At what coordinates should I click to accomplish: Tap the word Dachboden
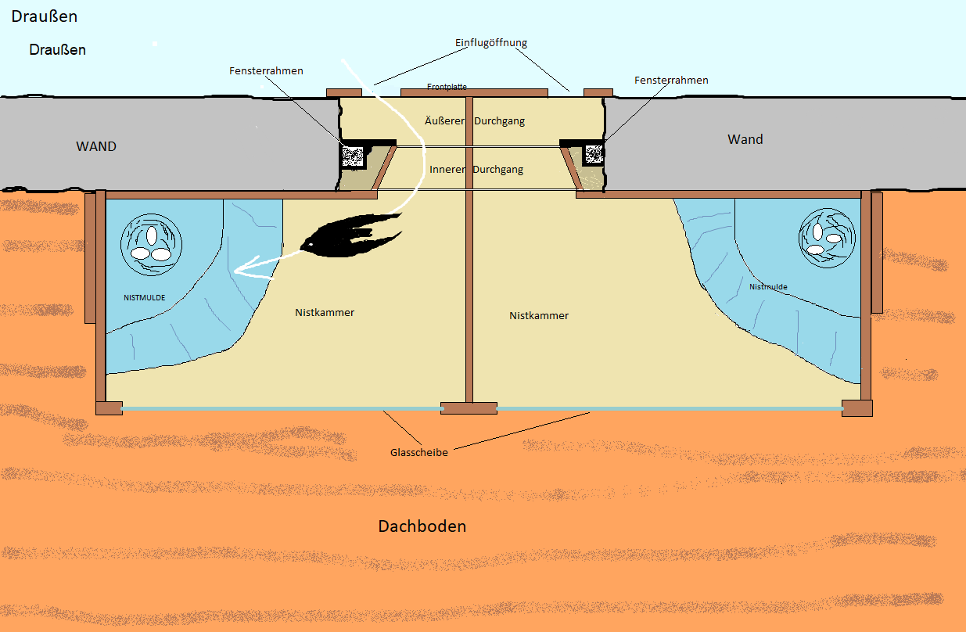(x=422, y=526)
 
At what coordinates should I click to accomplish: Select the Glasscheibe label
(x=419, y=453)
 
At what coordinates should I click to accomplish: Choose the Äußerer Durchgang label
(x=474, y=121)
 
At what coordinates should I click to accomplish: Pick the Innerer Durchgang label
(x=476, y=170)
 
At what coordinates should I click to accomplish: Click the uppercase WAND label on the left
(x=96, y=146)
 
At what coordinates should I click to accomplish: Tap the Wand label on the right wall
(x=745, y=139)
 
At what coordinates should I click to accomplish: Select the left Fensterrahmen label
(x=266, y=71)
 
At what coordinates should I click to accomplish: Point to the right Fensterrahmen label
(x=671, y=81)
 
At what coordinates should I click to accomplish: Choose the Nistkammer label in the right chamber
(x=539, y=316)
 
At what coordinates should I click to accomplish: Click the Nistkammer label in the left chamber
(x=325, y=313)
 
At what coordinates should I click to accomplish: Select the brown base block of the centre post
(x=469, y=408)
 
